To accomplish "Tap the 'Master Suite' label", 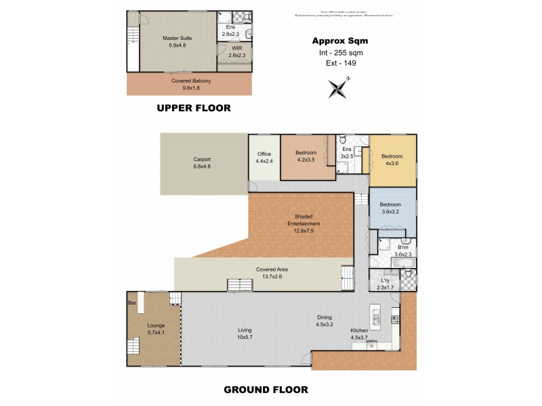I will click(174, 39).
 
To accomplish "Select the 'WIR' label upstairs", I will click(230, 48).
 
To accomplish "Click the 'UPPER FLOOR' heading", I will click(194, 108).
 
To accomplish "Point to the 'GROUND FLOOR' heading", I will click(266, 390).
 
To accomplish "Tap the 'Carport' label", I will click(202, 160).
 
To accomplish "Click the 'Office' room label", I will click(264, 154).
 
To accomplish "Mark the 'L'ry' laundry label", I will click(385, 280).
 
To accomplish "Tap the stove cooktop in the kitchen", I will click(397, 317).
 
